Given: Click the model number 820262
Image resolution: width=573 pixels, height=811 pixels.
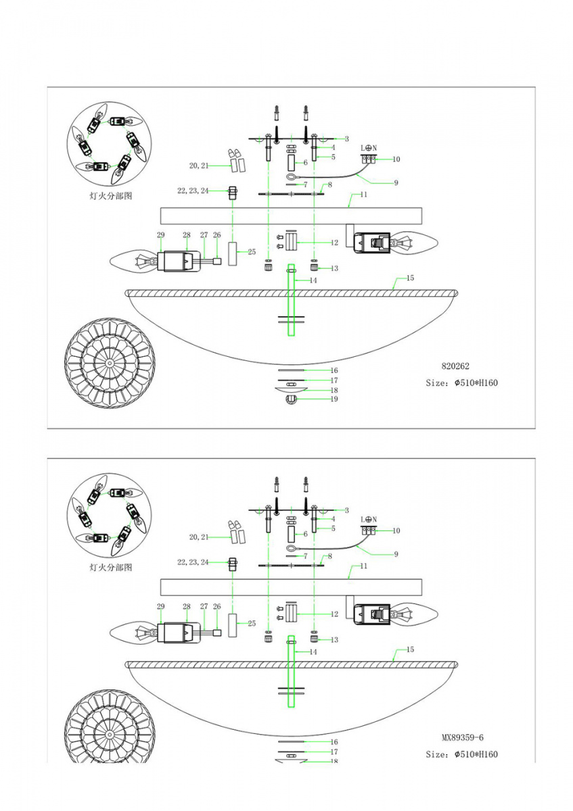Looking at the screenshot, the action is coord(455,366).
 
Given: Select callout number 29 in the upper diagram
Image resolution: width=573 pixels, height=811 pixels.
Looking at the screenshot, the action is coord(160,235).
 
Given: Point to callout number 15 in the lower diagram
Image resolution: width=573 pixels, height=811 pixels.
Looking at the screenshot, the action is coord(410,649).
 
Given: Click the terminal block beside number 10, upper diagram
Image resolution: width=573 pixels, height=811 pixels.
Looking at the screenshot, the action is coord(369,159).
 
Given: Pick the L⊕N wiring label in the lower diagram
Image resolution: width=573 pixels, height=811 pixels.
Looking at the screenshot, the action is coord(369,520).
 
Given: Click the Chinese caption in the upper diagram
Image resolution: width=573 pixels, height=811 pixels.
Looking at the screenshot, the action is coord(110,196).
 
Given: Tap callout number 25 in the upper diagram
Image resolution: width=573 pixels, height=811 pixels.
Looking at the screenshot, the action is coord(252,251).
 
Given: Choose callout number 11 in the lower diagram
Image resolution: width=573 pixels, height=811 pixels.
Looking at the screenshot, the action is coord(363,566).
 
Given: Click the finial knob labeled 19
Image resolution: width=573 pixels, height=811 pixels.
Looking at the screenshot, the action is coord(292,399).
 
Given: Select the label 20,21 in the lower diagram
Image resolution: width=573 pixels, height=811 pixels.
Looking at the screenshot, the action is coord(199,537).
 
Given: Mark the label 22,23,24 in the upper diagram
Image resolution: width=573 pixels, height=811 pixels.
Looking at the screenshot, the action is coord(193,191).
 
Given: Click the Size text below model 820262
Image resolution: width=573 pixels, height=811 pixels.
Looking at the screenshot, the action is coord(461,383).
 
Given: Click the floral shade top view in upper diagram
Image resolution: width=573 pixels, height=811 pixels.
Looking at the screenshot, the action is coord(110,362).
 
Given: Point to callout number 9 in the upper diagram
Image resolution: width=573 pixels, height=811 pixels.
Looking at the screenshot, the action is coord(396,183).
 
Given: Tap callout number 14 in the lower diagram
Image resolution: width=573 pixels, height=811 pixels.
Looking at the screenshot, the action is coord(313,652).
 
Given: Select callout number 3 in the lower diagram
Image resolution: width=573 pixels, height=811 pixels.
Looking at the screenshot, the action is coord(347,510).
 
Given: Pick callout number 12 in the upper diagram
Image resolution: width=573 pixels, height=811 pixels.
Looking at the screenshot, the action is coord(334,243).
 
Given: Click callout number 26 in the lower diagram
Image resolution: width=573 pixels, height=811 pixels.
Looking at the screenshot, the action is coord(216,606).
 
